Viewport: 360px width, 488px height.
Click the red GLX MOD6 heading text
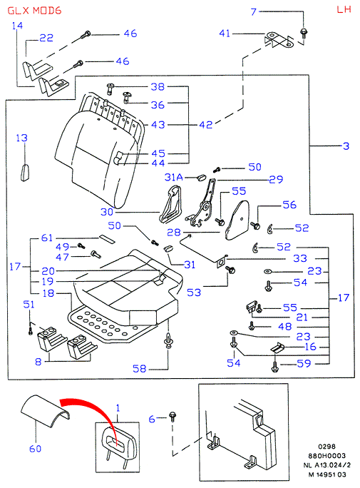point(34,11)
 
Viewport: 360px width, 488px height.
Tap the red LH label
point(344,9)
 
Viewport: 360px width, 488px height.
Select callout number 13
point(22,138)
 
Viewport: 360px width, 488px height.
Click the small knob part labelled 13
point(25,172)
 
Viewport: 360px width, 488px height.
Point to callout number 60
point(35,449)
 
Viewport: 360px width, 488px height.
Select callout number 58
point(139,369)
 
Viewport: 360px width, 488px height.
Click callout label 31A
point(173,177)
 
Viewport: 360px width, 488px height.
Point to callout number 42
point(206,125)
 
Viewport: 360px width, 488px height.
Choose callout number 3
point(346,146)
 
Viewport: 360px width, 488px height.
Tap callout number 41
point(225,34)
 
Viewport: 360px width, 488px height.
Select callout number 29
point(276,179)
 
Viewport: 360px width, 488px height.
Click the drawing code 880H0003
point(326,456)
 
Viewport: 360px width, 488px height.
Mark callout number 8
point(38,362)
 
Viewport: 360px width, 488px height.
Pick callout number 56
point(289,205)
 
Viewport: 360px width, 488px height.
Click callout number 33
point(300,258)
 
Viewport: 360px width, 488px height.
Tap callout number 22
point(46,38)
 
